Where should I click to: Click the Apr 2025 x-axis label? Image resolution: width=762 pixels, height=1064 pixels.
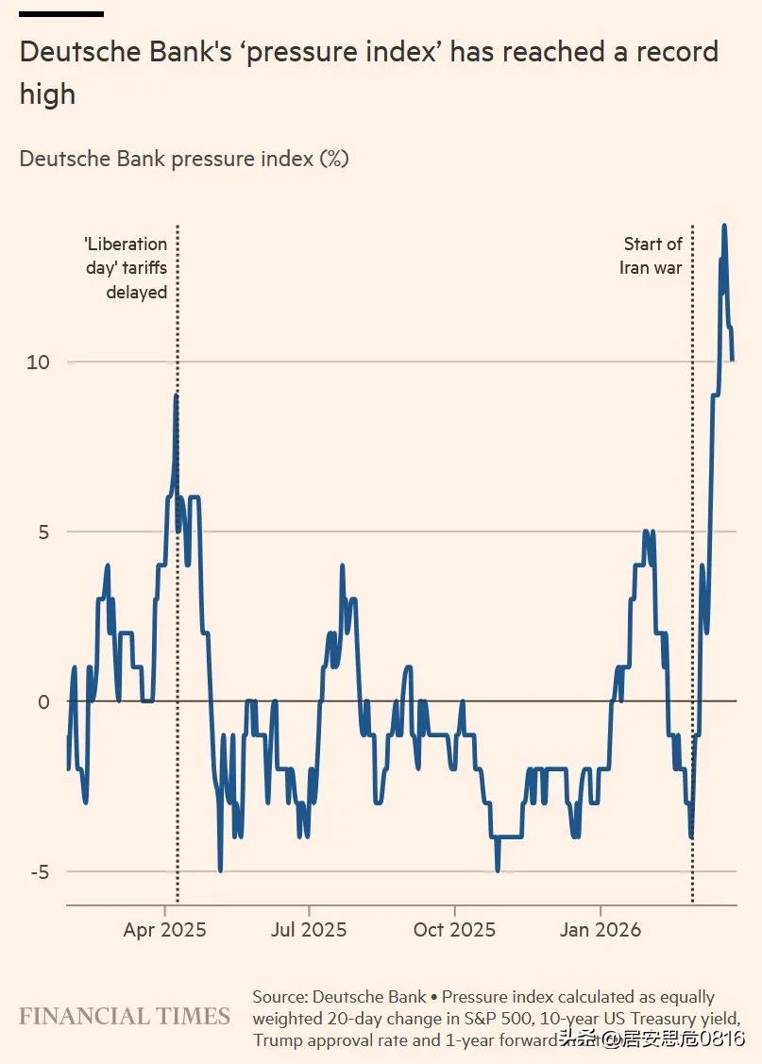coord(164,930)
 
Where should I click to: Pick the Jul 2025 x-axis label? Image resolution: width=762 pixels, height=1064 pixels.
coord(309,930)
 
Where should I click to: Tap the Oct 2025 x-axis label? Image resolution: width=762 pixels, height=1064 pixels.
coord(454,930)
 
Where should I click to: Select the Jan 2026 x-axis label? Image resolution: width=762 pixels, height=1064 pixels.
coord(600,930)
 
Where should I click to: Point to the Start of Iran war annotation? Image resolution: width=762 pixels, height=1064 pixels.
coord(652,256)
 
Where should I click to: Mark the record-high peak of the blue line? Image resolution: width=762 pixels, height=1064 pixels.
coord(724,226)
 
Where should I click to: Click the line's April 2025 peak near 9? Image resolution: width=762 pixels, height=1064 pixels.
coord(177,397)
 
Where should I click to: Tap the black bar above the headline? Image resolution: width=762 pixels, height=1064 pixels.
coord(61,14)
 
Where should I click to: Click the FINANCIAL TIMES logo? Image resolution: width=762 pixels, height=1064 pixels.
coord(125,1017)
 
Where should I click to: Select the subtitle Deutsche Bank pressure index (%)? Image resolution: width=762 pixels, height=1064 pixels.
coord(184,159)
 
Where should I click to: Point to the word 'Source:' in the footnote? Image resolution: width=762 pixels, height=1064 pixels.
coord(279,997)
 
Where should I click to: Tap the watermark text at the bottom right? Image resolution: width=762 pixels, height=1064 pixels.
coord(651,1040)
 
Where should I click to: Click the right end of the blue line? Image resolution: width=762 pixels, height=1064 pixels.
coord(733,359)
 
